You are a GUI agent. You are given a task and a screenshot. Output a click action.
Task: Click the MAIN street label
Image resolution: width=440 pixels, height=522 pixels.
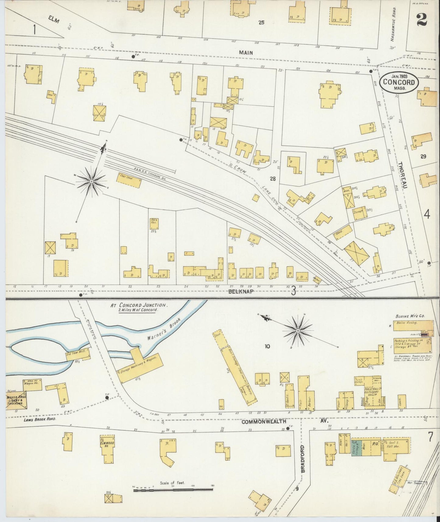click(x=246, y=52)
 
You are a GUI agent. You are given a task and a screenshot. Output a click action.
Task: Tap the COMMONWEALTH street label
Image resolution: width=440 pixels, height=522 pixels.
click(x=264, y=421)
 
